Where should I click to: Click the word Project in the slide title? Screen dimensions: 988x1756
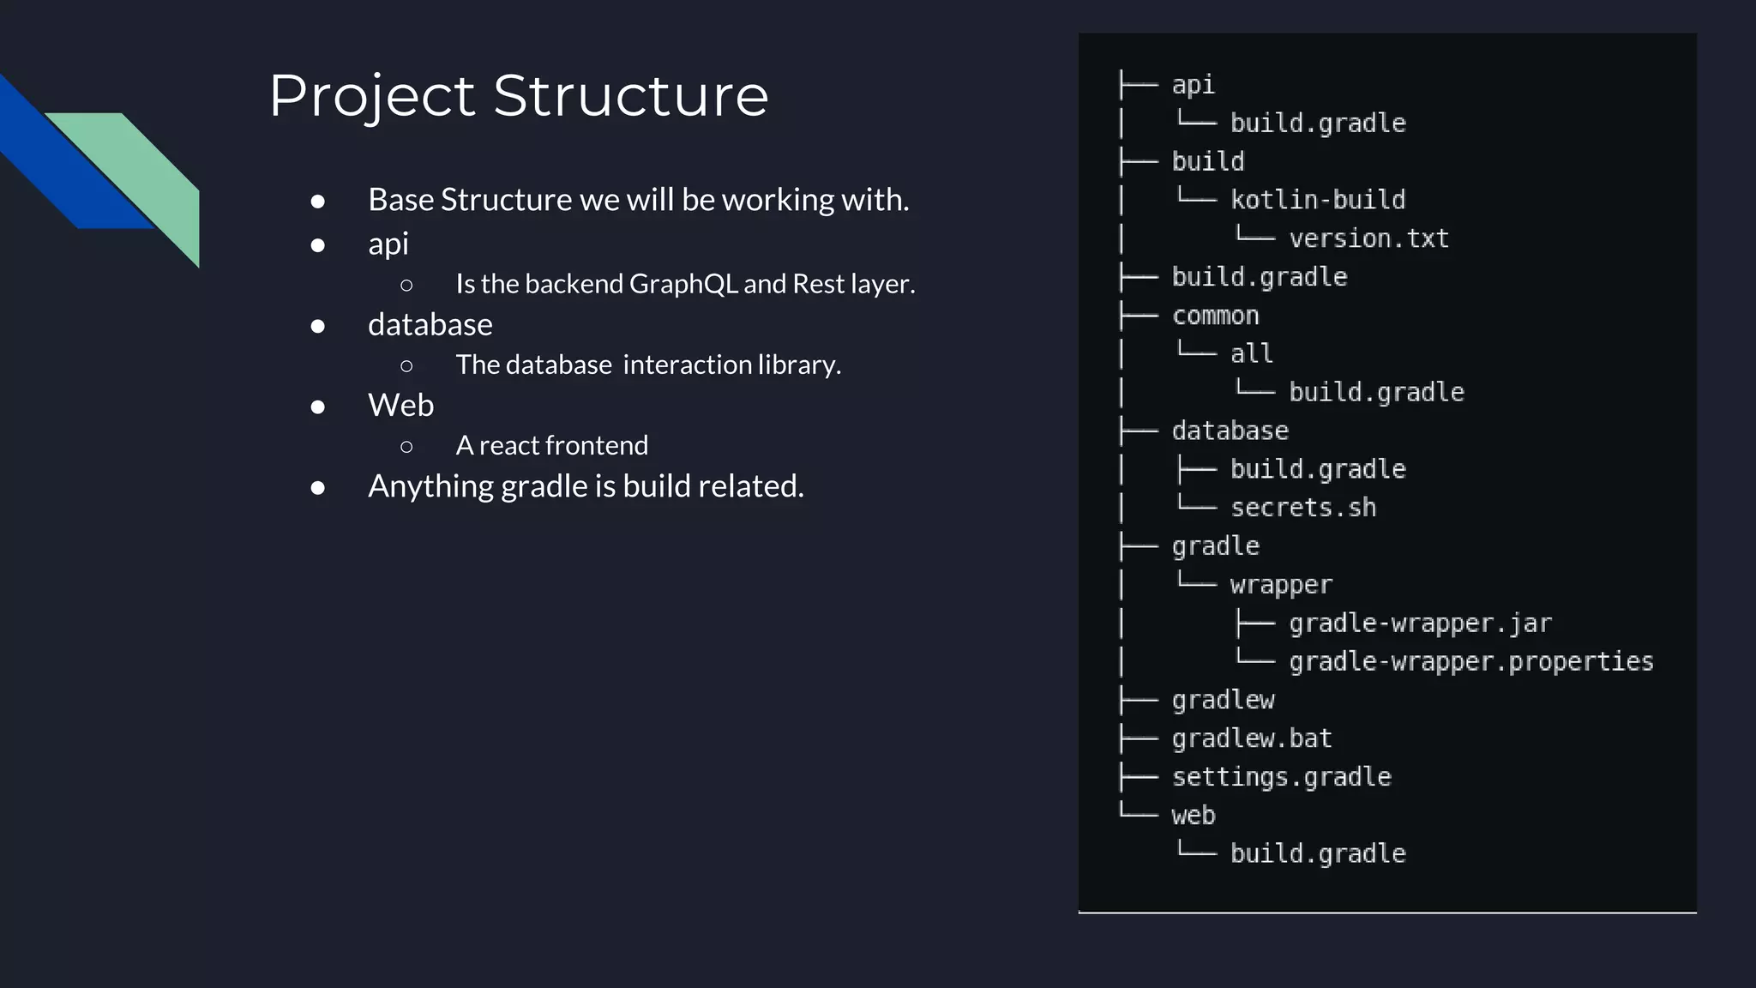tap(372, 95)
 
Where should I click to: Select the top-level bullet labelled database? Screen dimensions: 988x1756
tap(430, 325)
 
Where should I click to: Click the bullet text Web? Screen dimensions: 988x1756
tap(400, 405)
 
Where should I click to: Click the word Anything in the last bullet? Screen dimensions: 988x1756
tap(430, 486)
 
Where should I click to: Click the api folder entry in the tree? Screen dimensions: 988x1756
tap(1193, 84)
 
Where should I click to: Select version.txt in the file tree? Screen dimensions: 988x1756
tap(1368, 238)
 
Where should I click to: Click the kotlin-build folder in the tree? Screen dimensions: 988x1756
tap(1318, 200)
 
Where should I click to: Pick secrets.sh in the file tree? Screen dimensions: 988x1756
tap(1303, 508)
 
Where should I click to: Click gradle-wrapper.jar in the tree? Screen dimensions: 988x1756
tap(1420, 624)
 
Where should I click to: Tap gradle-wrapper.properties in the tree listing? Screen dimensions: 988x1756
tap(1470, 661)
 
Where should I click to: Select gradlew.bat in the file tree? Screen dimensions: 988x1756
tap(1252, 738)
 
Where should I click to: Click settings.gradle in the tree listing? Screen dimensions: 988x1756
tap(1281, 777)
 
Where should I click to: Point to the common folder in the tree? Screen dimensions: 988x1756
tap(1215, 316)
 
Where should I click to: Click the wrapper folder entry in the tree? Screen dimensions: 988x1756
tap(1281, 585)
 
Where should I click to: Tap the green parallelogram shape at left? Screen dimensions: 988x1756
tap(146, 172)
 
